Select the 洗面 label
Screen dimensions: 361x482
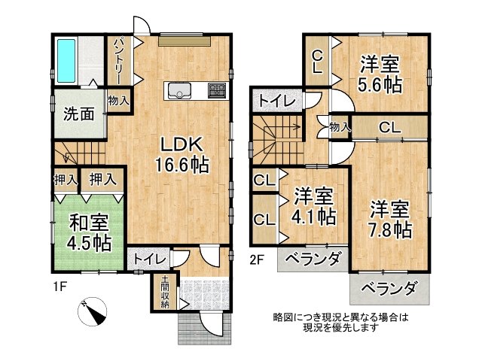[x=78, y=115]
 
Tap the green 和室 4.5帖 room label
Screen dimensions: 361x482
[x=90, y=232]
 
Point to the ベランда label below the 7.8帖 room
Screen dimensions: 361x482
[x=389, y=287]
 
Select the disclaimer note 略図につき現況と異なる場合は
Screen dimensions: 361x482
[x=340, y=317]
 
